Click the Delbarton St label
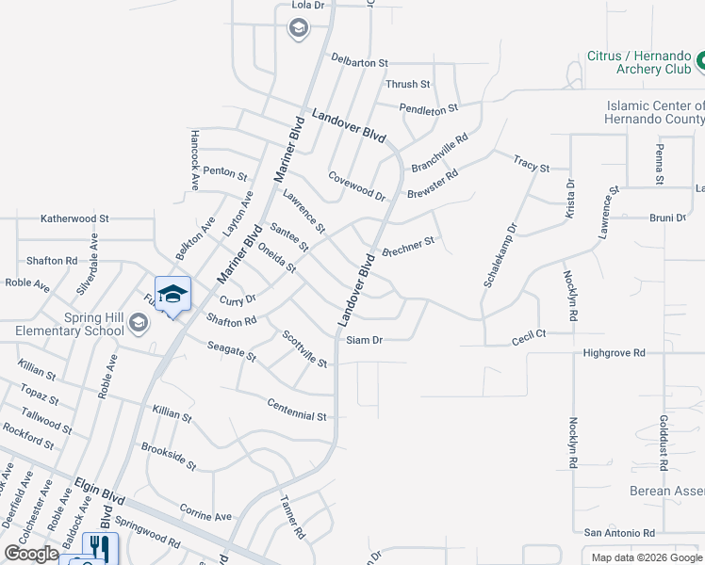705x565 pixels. pos(359,62)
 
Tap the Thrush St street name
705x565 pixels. pos(408,85)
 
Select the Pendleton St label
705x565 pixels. pos(428,109)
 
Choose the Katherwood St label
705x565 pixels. pos(74,218)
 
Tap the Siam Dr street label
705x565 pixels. pos(364,340)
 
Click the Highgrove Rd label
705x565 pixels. pos(614,353)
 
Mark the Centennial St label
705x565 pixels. pos(296,408)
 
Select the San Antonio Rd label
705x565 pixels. pos(619,532)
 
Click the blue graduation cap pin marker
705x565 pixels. pos(172,295)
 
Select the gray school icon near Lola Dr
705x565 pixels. pos(298,29)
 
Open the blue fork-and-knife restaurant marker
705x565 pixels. pos(100,549)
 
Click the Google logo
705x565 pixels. pos(31,554)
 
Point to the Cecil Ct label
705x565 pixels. pos(529,335)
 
